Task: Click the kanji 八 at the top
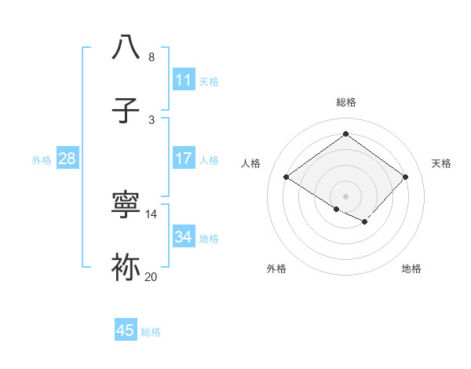click(x=126, y=47)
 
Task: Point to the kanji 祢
click(x=126, y=268)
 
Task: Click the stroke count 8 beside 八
click(x=152, y=57)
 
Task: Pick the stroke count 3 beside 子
click(x=152, y=120)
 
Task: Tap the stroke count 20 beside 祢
click(x=152, y=277)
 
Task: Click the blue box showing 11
click(x=184, y=79)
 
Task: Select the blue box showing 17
click(x=184, y=159)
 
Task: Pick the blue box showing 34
click(x=184, y=237)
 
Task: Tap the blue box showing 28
click(x=68, y=159)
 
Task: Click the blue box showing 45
click(x=126, y=331)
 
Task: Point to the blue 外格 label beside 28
click(x=42, y=160)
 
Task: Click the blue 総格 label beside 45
click(x=151, y=332)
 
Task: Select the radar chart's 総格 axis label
click(x=346, y=102)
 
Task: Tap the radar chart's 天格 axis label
click(x=441, y=163)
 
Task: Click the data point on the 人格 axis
click(x=287, y=177)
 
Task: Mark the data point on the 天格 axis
click(x=405, y=177)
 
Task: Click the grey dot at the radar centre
click(x=346, y=195)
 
